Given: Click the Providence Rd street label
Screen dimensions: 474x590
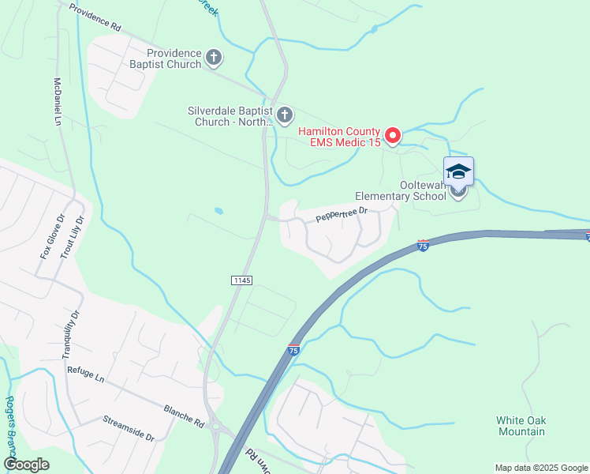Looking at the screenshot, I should tap(95, 17).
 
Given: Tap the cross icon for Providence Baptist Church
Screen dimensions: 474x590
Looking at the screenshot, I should tap(214, 57).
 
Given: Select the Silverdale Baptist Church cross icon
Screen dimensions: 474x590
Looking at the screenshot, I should tap(284, 115).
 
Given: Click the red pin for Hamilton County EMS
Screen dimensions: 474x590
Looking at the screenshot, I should tap(392, 135).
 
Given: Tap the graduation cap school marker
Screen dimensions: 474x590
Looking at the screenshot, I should tap(457, 171).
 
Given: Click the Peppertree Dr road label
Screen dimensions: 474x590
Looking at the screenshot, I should tap(342, 214).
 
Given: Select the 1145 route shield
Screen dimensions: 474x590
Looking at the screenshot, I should tap(242, 280).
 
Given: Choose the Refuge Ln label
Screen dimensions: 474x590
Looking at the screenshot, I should tap(86, 374).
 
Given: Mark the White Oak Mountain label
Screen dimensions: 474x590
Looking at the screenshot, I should tap(521, 426).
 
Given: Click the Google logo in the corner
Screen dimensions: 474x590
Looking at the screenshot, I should tap(27, 464).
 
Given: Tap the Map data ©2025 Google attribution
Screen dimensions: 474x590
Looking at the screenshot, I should tap(540, 468).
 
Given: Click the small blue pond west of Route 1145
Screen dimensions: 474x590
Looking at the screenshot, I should tap(218, 211).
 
